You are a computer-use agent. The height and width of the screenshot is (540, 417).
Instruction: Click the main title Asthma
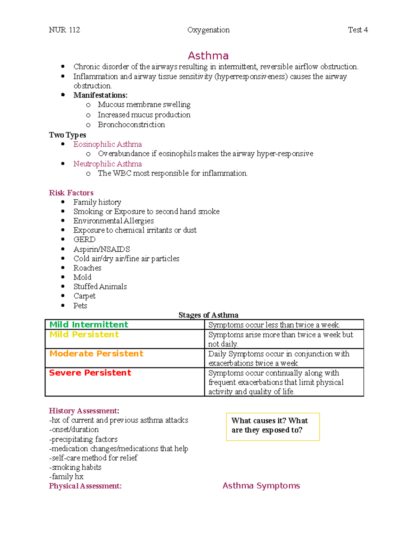pos(208,56)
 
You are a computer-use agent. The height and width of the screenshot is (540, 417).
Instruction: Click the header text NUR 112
pos(64,30)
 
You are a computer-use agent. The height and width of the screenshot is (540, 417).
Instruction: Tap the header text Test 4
pos(358,30)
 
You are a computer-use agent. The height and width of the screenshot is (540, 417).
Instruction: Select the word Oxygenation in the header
pos(208,30)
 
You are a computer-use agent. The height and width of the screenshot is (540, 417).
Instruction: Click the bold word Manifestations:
pos(100,95)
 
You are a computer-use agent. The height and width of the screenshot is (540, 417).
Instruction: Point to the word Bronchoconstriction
pos(131,124)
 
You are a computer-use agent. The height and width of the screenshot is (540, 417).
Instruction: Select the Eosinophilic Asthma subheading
pos(107,144)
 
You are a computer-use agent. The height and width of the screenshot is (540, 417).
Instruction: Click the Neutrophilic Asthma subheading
pos(107,164)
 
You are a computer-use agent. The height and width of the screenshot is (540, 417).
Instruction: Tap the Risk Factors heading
pos(71,193)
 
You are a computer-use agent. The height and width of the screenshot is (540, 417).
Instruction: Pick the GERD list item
pos(84,240)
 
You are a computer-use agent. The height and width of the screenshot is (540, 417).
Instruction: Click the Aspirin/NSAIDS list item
pos(101,249)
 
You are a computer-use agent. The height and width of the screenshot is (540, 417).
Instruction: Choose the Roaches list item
pos(87,268)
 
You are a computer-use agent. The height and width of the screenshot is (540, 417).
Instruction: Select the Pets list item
pos(80,306)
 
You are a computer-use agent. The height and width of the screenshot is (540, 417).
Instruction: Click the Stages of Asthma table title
pos(208,315)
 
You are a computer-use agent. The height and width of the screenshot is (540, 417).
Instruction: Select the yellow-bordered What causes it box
pos(272,427)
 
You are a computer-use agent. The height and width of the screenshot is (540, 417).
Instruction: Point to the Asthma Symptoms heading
pos(261,486)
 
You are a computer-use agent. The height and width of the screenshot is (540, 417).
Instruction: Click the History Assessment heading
pos(84,411)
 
